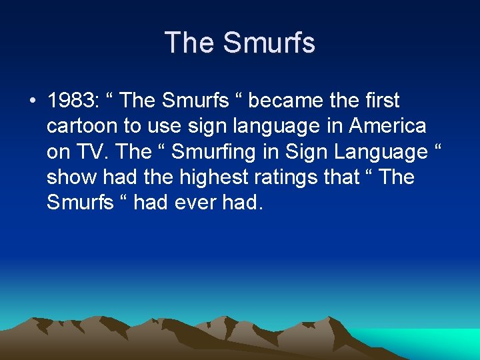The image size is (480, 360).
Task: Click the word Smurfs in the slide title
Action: coord(269,43)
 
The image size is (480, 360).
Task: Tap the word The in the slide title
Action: coord(191,43)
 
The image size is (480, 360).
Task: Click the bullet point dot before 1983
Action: coord(32,102)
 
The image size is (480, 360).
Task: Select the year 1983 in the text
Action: coord(71,101)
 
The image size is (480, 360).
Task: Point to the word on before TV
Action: coord(58,152)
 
